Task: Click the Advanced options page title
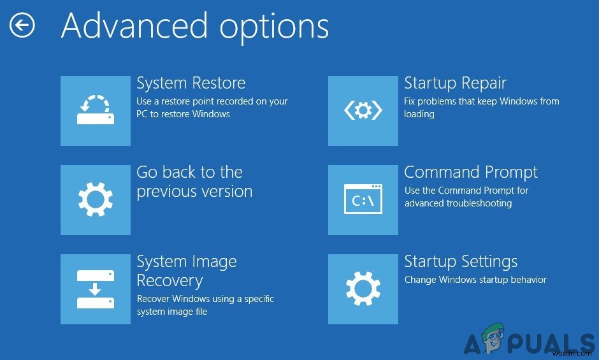195,27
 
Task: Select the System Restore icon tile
96,111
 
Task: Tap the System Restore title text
191,83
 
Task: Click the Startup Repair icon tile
363,111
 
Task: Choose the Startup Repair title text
455,83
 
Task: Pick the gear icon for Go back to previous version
96,200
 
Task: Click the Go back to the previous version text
194,182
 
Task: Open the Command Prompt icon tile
363,200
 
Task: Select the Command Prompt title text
471,173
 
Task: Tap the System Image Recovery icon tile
96,289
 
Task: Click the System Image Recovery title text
186,271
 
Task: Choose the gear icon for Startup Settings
363,289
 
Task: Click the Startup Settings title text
461,262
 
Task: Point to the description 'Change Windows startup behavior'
475,280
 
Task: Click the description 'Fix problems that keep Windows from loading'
481,108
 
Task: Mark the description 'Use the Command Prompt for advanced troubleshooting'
466,197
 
